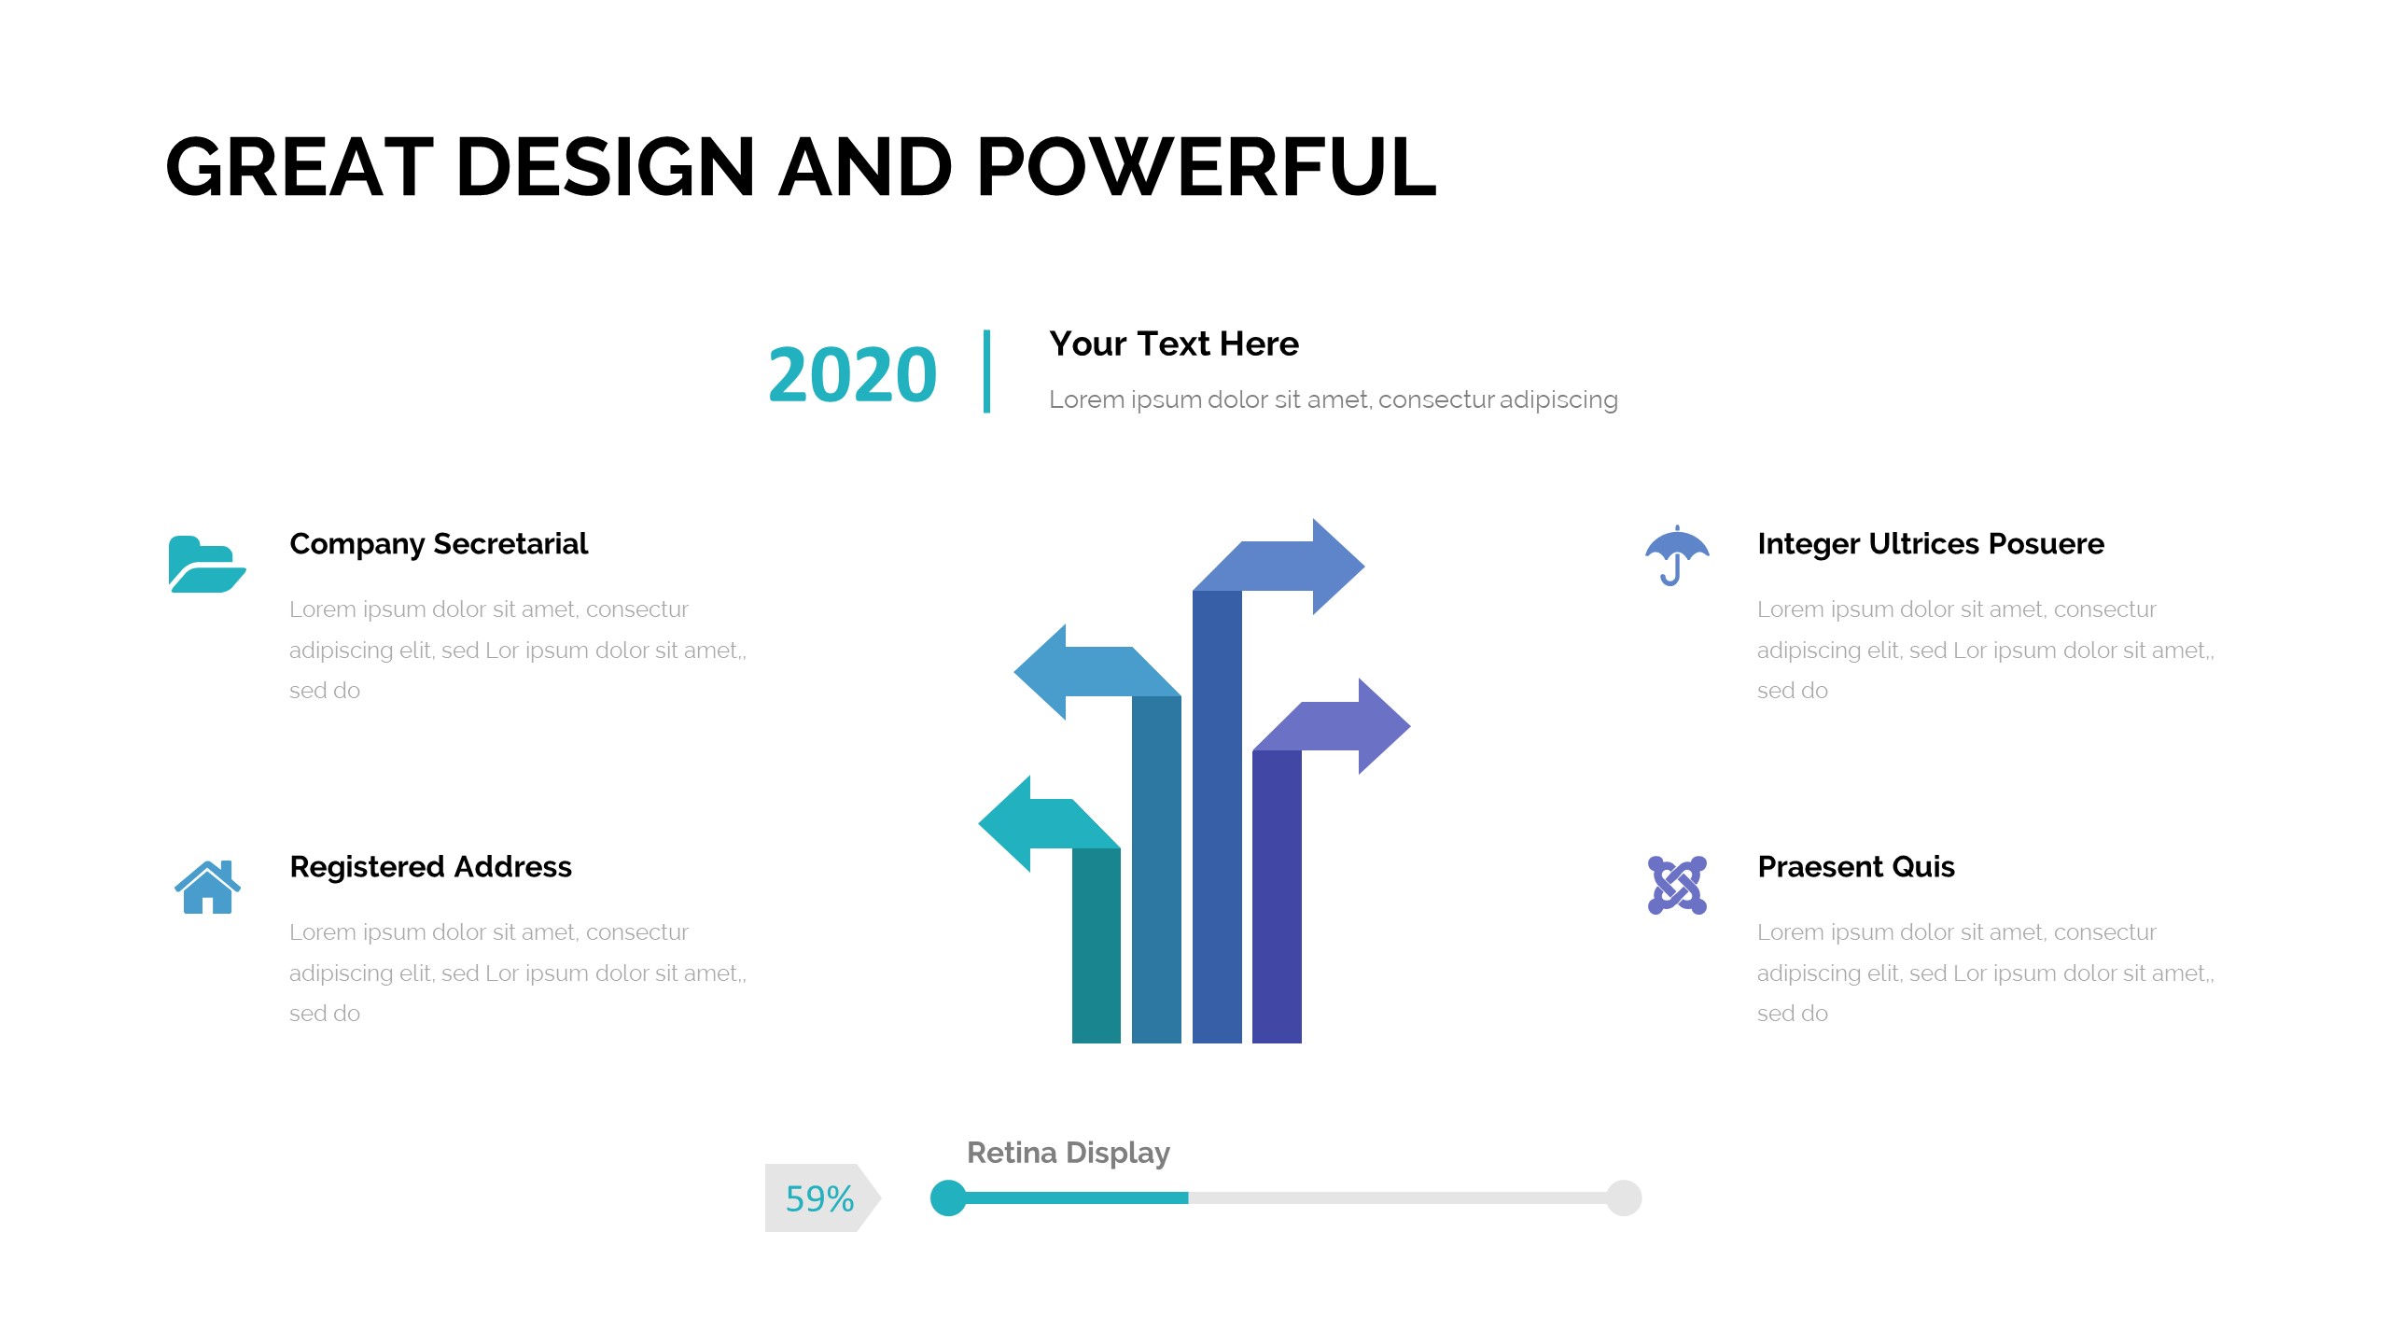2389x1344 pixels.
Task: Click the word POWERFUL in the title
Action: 1206,167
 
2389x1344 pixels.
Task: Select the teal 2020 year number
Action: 852,375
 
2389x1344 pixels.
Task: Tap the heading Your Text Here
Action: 1174,344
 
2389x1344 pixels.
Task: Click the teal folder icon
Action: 207,564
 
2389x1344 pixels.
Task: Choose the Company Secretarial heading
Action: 439,544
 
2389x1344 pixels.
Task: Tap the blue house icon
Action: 207,887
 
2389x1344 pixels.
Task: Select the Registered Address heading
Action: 430,867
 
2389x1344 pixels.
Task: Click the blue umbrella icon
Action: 1677,555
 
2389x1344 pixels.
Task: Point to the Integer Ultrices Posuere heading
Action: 1931,544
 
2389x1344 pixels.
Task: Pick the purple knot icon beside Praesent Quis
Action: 1677,885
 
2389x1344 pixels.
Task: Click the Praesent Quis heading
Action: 1856,867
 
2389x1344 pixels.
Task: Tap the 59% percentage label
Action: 819,1199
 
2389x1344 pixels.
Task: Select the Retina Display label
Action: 1069,1154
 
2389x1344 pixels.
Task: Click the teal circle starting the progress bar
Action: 948,1198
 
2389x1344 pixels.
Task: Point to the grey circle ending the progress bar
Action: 1624,1198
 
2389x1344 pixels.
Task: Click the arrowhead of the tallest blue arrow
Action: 1338,566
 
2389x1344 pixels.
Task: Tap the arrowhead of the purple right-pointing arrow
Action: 1384,726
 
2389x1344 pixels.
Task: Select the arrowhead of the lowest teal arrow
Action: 1005,824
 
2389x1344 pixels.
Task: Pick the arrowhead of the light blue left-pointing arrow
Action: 1041,672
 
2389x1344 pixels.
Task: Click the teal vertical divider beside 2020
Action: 986,371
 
